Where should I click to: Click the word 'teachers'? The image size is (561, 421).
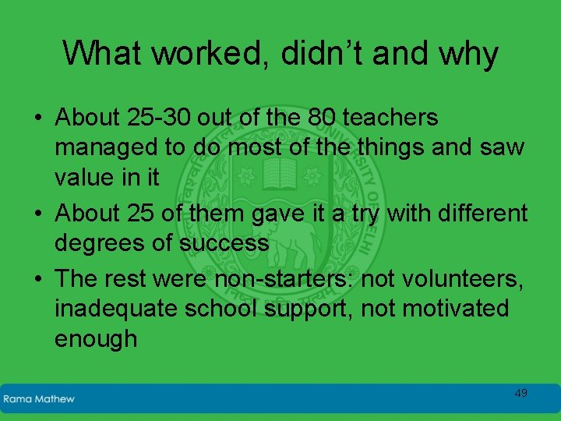393,118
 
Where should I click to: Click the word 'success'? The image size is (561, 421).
224,242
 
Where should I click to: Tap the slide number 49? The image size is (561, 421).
520,393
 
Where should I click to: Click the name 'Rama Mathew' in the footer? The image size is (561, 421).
39,398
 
